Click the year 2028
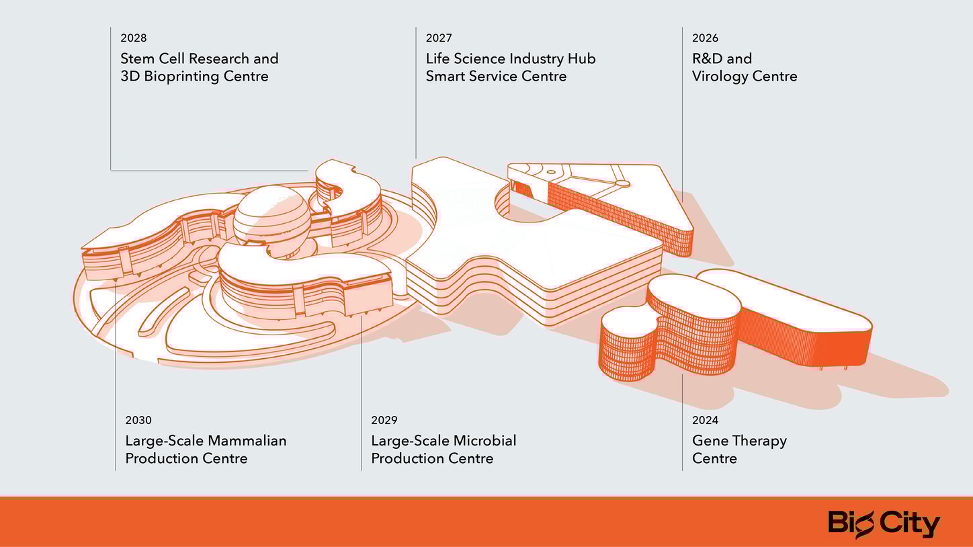click(133, 38)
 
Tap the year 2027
click(439, 38)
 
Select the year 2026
click(705, 38)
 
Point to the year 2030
click(138, 421)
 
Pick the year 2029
click(384, 421)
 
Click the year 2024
click(705, 421)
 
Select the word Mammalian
click(247, 441)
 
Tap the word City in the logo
click(911, 523)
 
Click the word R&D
click(707, 59)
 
